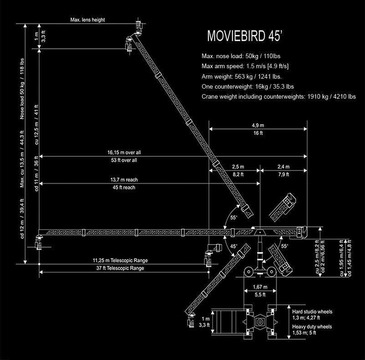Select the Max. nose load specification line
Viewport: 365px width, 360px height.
click(x=237, y=56)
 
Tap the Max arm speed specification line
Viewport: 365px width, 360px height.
click(x=245, y=66)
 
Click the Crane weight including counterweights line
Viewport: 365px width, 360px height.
click(x=279, y=96)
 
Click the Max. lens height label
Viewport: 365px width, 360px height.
click(x=87, y=20)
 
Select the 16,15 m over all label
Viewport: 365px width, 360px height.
click(x=122, y=152)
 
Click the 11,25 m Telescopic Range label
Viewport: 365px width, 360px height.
click(x=120, y=260)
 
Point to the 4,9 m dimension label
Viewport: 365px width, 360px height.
click(x=258, y=125)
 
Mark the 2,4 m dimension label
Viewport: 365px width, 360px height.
click(x=283, y=166)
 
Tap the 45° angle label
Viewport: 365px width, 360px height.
click(x=233, y=246)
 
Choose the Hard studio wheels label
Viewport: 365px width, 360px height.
click(x=312, y=312)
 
